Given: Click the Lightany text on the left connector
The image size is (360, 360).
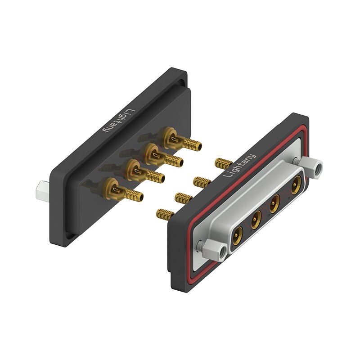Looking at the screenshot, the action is [119, 121].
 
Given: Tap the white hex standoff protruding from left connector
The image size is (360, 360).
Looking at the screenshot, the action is [42, 192].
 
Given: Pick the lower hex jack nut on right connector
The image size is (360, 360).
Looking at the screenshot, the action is [216, 250].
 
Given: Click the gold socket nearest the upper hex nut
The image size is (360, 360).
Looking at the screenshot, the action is [297, 185].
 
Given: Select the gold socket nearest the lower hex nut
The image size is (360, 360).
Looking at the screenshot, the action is [238, 236].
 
